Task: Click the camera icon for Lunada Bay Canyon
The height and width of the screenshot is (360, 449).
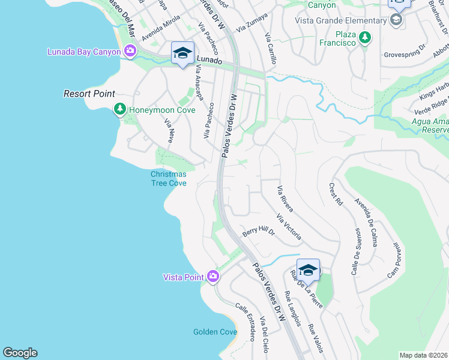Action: [130, 52]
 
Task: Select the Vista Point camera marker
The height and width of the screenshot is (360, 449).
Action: [212, 277]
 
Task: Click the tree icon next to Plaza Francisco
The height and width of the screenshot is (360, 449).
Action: [364, 38]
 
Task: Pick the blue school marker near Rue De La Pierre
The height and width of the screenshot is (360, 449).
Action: [308, 269]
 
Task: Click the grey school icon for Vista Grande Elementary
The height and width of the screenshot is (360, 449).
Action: [396, 20]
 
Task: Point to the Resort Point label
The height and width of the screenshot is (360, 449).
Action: [89, 94]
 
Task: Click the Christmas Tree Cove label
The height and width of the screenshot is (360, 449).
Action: [168, 178]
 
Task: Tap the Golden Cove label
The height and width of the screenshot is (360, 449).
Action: [215, 332]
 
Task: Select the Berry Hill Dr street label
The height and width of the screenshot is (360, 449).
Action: [258, 232]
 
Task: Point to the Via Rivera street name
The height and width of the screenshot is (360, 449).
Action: [285, 199]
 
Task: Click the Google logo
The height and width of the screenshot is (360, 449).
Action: [20, 353]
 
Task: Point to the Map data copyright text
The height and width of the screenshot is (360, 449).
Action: [423, 355]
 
